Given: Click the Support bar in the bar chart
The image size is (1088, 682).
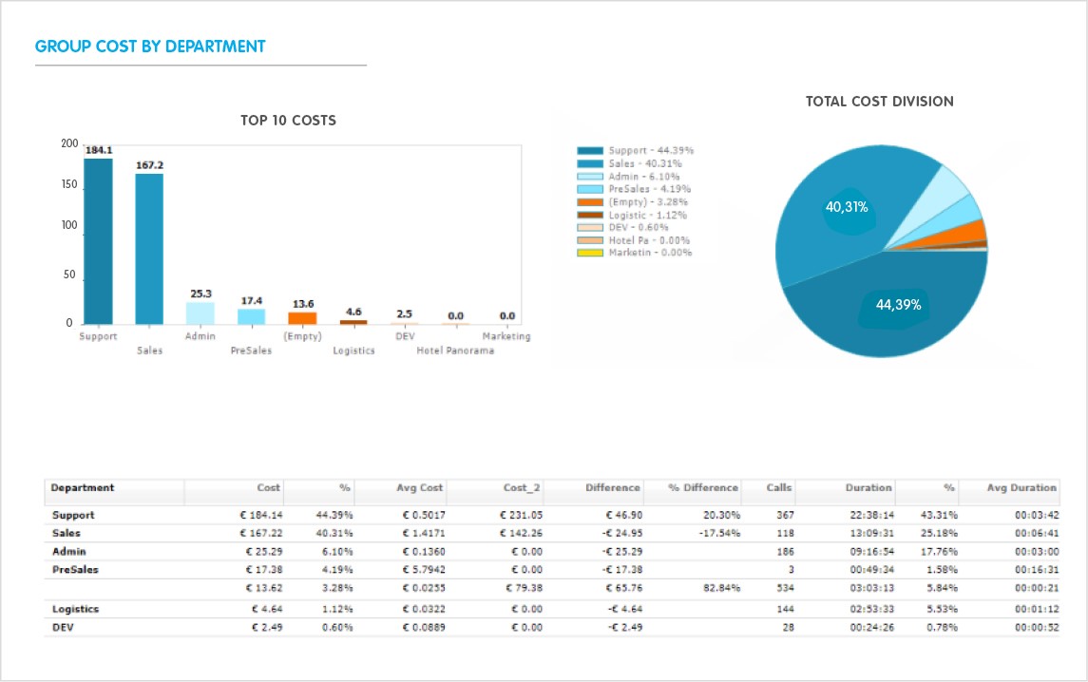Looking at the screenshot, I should pos(98,241).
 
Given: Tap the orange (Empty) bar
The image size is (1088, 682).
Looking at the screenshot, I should pos(302,318).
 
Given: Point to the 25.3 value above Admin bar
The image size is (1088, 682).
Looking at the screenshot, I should pos(200,294).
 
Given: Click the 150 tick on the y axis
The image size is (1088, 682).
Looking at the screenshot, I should pos(69,185).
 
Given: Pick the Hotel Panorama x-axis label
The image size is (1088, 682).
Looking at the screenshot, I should pos(455,350).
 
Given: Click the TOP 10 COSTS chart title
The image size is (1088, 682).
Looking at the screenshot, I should pos(288,121).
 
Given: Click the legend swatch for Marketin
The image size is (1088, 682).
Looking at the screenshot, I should pos(590,254).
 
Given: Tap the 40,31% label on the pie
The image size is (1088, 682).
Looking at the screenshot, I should pos(846,206).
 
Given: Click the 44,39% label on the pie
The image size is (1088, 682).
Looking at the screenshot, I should pos(898,305).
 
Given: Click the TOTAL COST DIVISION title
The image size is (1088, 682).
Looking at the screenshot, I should pos(879,101).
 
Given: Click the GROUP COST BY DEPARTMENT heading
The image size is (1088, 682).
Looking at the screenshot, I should pos(150,46).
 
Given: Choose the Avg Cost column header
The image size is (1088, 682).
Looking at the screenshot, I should pos(419,487).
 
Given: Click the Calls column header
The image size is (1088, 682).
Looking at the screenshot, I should pos(779,487).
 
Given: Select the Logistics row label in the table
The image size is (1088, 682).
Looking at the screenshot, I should pos(75,609).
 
